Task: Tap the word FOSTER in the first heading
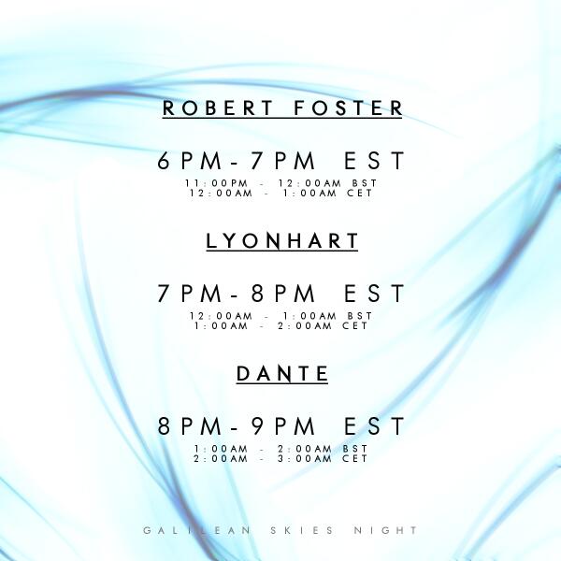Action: (x=348, y=108)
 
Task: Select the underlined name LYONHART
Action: (x=282, y=241)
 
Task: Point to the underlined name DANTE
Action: (x=282, y=374)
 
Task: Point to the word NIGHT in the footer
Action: (x=386, y=530)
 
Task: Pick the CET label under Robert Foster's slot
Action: (x=356, y=193)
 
